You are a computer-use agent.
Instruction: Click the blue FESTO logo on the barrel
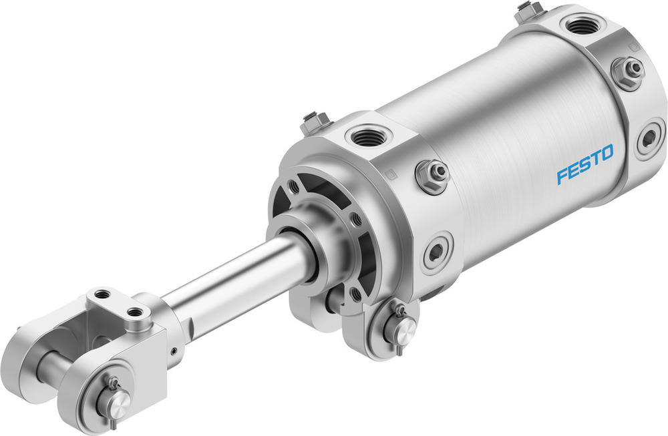[584, 165]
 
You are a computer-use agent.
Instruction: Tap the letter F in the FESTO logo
[562, 176]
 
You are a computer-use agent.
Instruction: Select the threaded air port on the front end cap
[365, 138]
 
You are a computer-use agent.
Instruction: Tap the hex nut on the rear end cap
[627, 69]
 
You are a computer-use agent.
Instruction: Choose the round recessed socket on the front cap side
[436, 252]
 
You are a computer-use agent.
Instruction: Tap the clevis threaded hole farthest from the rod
[102, 294]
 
